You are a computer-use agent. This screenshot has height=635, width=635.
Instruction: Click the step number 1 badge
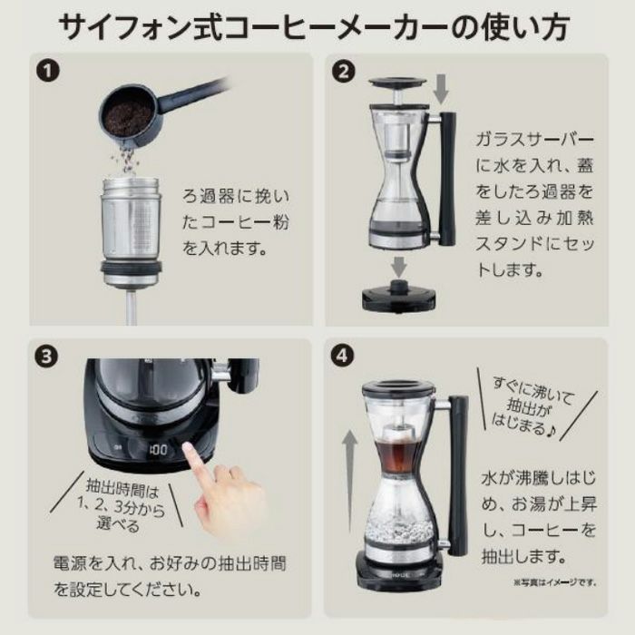48,72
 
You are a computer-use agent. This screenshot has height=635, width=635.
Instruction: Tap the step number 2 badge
344,72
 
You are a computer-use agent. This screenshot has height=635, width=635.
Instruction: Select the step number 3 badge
46,357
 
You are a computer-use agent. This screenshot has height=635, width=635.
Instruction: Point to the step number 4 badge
342,356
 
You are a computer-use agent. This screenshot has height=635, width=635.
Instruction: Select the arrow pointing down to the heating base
399,267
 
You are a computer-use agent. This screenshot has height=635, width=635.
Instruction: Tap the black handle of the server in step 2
447,179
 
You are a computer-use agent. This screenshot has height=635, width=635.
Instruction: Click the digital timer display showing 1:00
158,450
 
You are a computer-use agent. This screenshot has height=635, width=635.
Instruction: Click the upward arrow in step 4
349,482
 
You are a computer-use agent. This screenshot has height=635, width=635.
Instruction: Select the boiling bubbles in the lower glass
395,525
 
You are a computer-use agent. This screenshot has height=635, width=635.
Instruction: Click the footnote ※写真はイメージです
555,582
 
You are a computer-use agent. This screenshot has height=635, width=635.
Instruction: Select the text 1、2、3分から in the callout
121,506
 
